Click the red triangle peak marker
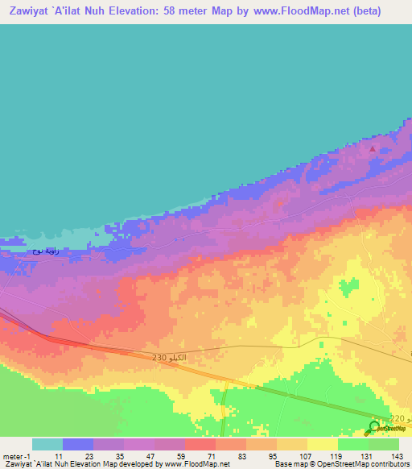click(x=372, y=148)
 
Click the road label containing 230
click(x=170, y=357)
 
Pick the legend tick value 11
click(x=59, y=456)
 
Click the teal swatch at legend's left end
click(x=47, y=444)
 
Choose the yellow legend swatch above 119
click(x=323, y=444)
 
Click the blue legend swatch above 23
click(x=78, y=444)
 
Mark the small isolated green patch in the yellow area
click(x=349, y=288)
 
